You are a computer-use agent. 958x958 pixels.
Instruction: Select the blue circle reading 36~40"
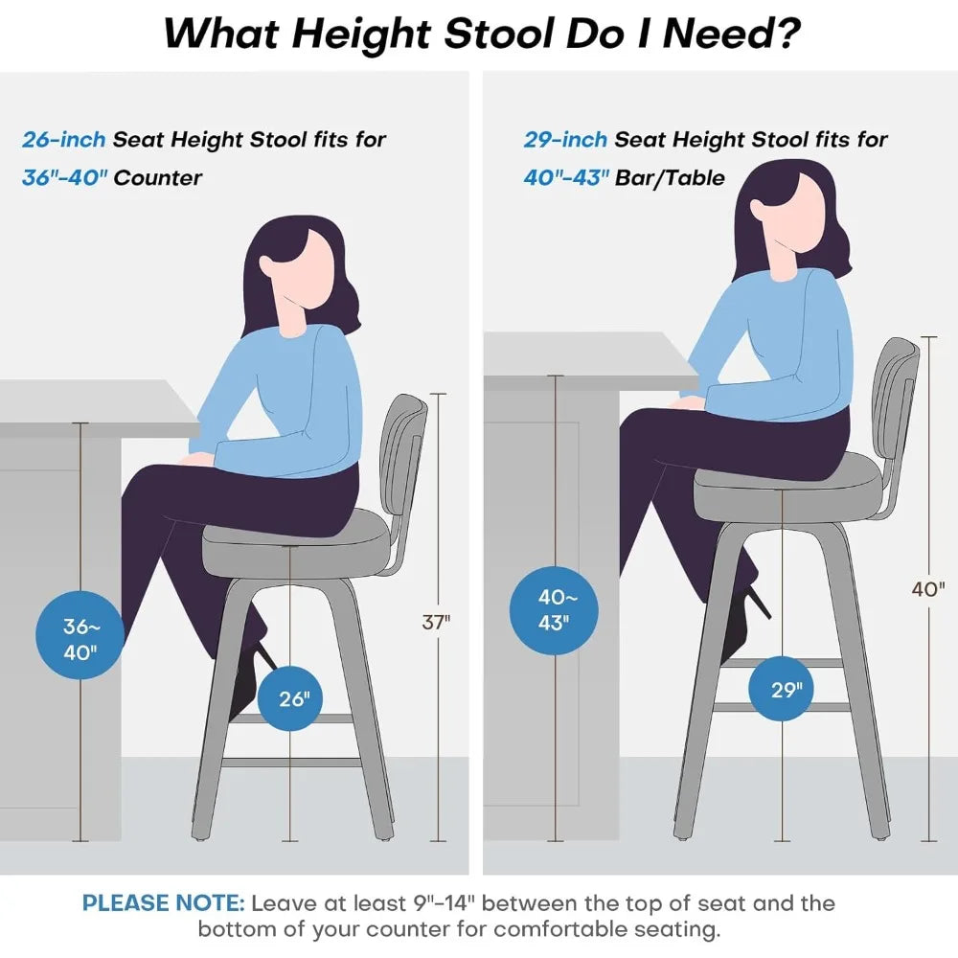80,640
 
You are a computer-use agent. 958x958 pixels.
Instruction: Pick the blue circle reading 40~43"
554,609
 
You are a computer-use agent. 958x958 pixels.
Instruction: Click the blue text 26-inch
63,140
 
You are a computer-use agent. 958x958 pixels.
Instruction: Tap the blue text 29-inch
565,140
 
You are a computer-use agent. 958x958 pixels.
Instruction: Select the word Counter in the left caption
158,178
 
